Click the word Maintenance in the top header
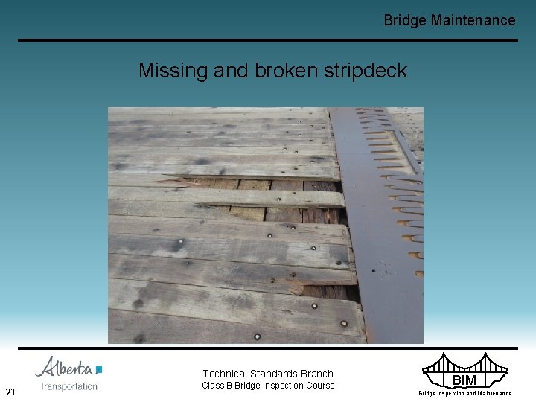click(x=473, y=20)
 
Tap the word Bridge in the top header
click(x=405, y=20)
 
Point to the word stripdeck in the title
click(x=366, y=71)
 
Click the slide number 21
click(x=10, y=392)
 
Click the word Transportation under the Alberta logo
click(x=69, y=386)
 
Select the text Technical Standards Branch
click(x=268, y=374)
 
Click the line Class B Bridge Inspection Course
click(x=268, y=386)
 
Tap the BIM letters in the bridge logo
click(x=464, y=380)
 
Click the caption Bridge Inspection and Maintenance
click(x=465, y=393)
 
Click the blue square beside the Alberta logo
click(x=99, y=369)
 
